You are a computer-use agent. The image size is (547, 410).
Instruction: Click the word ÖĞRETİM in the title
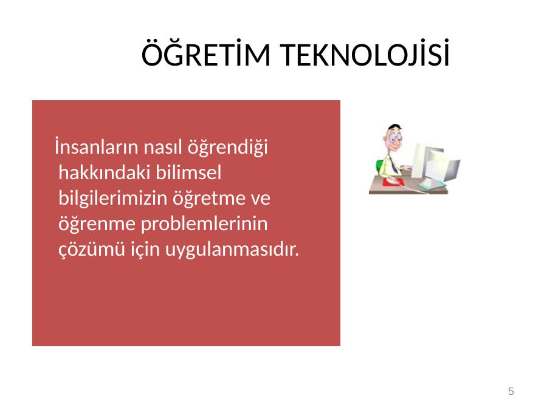(x=206, y=53)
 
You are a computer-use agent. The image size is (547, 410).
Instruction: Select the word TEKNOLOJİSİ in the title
(x=365, y=53)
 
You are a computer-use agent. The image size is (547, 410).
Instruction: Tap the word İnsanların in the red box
(x=96, y=147)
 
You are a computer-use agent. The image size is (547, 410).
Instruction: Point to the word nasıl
(x=163, y=147)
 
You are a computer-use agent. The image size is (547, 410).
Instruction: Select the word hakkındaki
(x=104, y=173)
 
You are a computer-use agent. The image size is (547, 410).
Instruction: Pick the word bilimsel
(x=188, y=173)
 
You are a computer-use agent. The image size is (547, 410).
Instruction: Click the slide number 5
(x=511, y=391)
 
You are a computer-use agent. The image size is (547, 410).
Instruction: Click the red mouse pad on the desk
(x=393, y=182)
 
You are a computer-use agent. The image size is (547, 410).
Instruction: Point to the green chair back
(x=379, y=168)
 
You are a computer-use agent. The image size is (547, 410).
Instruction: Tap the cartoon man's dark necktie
(x=393, y=165)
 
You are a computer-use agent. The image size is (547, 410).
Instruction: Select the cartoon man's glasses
(x=394, y=138)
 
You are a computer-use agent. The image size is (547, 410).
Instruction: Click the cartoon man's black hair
(x=394, y=127)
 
